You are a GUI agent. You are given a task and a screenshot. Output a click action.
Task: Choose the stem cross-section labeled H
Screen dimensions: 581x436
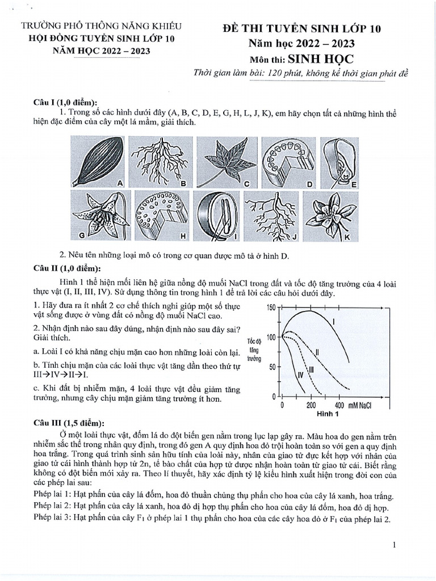point(160,217)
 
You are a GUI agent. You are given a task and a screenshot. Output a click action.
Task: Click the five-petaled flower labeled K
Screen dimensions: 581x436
point(328,215)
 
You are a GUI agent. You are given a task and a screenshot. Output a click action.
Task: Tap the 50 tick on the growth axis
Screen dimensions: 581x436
point(272,367)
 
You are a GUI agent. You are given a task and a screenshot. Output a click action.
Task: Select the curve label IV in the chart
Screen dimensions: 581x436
point(301,375)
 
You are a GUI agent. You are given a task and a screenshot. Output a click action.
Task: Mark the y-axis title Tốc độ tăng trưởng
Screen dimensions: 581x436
point(254,350)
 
